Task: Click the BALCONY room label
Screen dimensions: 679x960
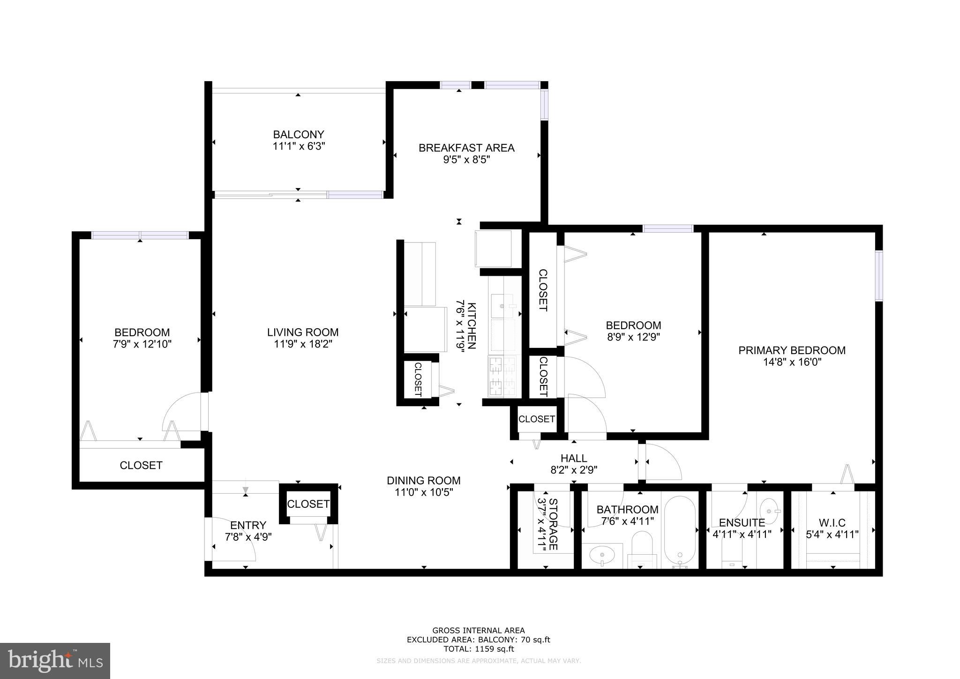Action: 299,135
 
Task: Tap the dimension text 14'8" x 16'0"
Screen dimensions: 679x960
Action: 792,362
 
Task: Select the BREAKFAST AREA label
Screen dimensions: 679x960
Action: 466,148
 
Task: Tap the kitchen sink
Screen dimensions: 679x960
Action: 503,306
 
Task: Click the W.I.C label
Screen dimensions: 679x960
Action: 832,523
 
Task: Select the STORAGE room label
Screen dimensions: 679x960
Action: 553,524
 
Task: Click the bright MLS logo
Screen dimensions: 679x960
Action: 55,661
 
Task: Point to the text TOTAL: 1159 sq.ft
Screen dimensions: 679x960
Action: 479,649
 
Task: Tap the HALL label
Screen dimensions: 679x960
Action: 574,458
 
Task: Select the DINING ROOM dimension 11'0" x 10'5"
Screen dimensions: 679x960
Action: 423,492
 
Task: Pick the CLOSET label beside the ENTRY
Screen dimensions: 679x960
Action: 308,504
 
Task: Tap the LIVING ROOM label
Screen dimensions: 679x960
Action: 303,332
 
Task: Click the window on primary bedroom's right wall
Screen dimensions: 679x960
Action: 878,276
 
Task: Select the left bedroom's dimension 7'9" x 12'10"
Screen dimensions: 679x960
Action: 142,344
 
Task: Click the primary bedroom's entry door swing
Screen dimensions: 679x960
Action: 662,462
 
